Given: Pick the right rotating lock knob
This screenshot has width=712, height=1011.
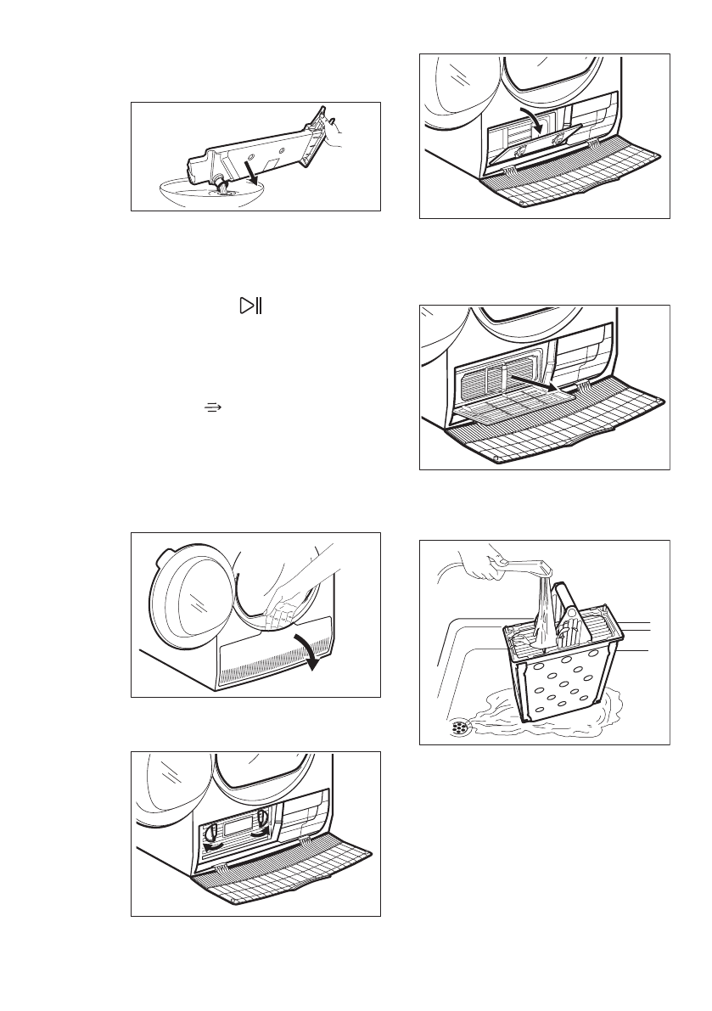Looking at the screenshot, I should (264, 820).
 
